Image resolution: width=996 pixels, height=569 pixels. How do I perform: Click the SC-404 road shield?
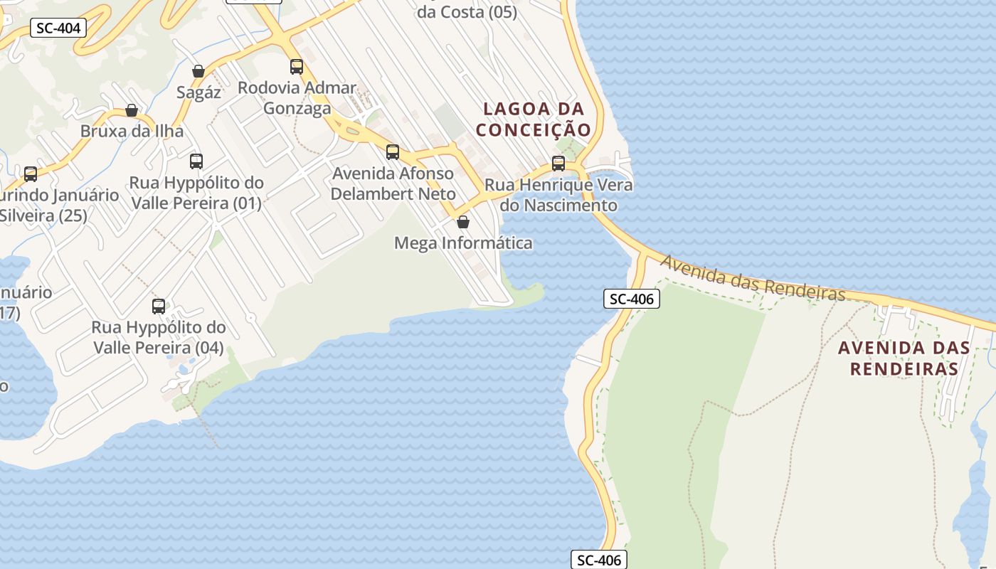point(59,28)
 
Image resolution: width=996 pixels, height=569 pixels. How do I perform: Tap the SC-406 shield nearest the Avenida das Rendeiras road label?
point(632,299)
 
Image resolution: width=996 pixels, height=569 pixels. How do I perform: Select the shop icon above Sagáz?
point(198,71)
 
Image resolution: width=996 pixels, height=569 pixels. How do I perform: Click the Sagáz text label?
point(198,92)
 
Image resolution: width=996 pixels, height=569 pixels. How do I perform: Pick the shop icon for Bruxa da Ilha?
point(132,110)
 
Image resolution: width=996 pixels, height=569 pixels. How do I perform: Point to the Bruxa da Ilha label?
point(132,132)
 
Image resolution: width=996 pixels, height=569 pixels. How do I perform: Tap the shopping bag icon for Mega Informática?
point(463,222)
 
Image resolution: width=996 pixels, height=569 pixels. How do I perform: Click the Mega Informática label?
point(463,243)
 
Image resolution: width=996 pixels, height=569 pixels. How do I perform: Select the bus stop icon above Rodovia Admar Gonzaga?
point(297,67)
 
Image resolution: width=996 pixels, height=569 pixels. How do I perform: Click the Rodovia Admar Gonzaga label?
point(297,98)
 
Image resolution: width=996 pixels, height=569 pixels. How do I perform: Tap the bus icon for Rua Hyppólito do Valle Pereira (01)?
point(196,161)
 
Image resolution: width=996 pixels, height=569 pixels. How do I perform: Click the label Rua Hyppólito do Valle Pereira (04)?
point(158,338)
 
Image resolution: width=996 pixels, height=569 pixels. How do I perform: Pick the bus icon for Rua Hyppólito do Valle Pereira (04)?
point(159,307)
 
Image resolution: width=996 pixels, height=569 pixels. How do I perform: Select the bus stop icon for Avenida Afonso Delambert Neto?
point(393,152)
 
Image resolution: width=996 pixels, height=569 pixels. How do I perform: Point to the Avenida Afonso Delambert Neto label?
point(393,184)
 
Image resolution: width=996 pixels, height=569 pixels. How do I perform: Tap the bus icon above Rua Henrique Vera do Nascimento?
point(558,164)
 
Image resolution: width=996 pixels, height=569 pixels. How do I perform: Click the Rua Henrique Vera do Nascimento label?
point(558,195)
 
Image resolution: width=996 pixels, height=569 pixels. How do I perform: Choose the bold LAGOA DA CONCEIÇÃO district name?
point(534,119)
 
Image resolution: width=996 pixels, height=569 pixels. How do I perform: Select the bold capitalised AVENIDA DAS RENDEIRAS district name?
point(904,358)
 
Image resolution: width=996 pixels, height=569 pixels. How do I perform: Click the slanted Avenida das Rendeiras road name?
point(753,279)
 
